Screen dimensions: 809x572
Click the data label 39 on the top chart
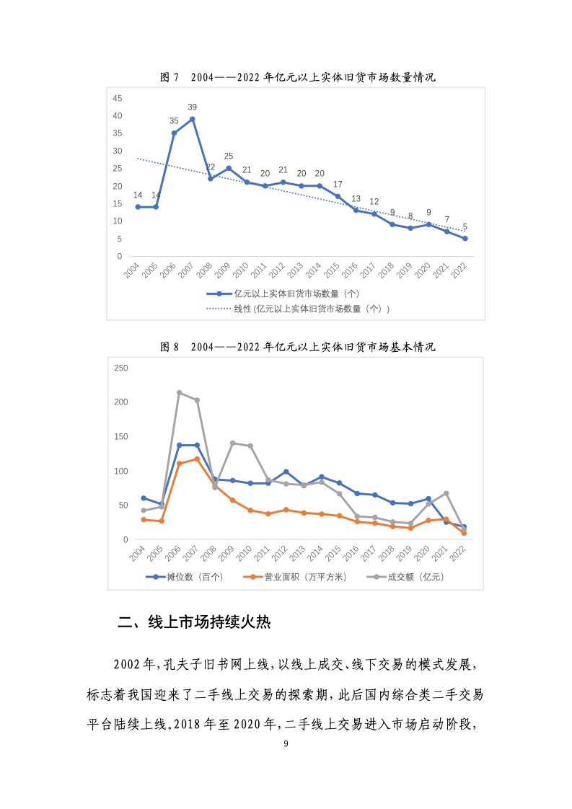pyautogui.click(x=193, y=107)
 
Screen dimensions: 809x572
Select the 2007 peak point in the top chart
pyautogui.click(x=193, y=119)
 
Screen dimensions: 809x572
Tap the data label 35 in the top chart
pyautogui.click(x=174, y=121)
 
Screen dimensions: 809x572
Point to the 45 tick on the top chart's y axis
pyautogui.click(x=118, y=98)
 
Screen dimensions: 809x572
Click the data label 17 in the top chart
pyautogui.click(x=338, y=184)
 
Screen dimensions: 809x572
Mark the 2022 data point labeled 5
pyautogui.click(x=465, y=239)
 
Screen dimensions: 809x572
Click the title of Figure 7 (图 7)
pyautogui.click(x=297, y=78)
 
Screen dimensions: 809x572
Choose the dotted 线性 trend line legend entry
pyautogui.click(x=298, y=309)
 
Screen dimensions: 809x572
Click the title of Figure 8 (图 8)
pyautogui.click(x=297, y=347)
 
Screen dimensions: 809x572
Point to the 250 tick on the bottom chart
pyautogui.click(x=121, y=368)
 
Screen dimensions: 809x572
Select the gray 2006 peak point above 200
pyautogui.click(x=179, y=393)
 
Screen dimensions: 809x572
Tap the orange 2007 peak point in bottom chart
pyautogui.click(x=197, y=459)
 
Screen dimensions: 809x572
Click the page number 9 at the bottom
pyautogui.click(x=286, y=743)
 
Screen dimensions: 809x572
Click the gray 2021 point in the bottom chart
pyautogui.click(x=446, y=494)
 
